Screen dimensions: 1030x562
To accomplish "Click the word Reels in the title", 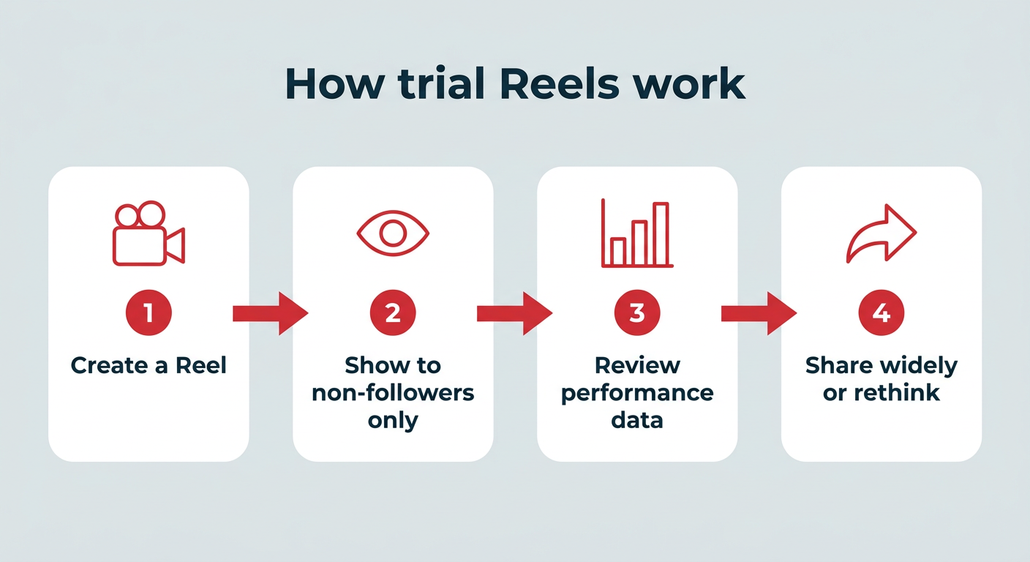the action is (x=560, y=83).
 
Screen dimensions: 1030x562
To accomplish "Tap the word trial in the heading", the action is (x=441, y=83).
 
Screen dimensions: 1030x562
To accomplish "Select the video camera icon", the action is (x=149, y=233).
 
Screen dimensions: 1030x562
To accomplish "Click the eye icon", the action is (x=393, y=233).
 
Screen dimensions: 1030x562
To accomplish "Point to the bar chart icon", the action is (x=637, y=233).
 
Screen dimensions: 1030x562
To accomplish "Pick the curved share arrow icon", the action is (x=881, y=233).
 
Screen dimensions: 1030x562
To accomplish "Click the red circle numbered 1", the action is (x=149, y=312).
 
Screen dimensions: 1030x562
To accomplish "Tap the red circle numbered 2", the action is (x=393, y=312).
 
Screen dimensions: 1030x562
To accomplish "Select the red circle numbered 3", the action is (x=637, y=312).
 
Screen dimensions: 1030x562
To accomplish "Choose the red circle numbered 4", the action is (x=881, y=312).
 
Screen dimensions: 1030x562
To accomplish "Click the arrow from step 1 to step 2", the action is (x=271, y=314).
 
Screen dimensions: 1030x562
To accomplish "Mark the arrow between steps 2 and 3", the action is (x=514, y=314).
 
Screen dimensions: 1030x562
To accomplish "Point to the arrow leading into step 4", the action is (x=759, y=314).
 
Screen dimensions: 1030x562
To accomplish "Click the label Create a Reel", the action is (x=149, y=366).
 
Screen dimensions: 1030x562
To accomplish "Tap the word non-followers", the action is (x=393, y=393).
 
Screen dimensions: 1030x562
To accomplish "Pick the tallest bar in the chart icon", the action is (x=661, y=234).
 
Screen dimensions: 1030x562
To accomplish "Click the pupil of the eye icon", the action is (x=393, y=233).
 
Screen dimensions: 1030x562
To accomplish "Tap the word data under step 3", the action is (x=637, y=420).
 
